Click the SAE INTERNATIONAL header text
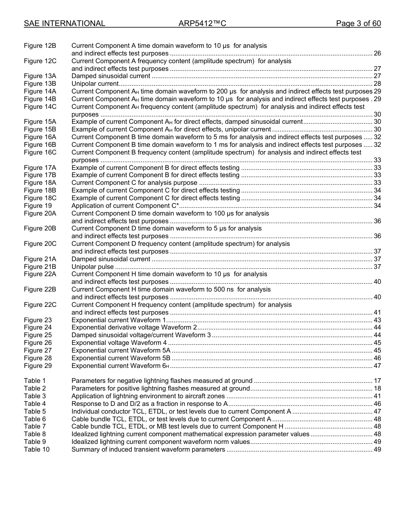pos(64,23)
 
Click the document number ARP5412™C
pos(202,23)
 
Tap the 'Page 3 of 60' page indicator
pos(358,23)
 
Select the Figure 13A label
pos(40,76)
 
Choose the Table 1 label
pos(35,381)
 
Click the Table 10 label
pos(37,449)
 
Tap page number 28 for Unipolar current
pos(377,84)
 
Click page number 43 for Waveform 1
pos(377,320)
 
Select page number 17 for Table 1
pos(377,381)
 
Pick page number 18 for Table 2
pos(377,388)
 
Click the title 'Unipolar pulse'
pos(93,267)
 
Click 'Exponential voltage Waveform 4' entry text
pos(119,343)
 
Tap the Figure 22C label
pos(40,305)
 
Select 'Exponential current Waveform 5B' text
pos(121,358)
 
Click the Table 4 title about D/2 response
pos(149,404)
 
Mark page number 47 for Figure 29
pos(377,366)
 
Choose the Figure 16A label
pos(40,137)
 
